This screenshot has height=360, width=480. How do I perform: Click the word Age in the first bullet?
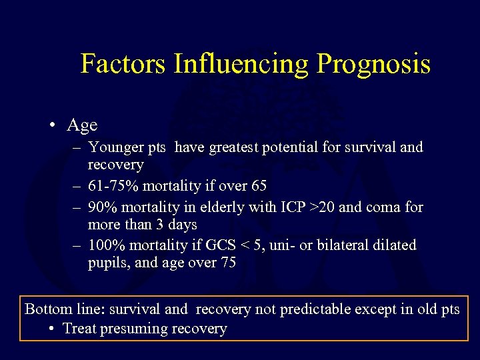[82, 125]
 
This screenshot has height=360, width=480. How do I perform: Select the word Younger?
[114, 147]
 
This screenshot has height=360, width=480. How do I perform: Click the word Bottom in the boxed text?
[49, 309]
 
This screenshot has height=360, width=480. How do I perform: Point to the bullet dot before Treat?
[54, 329]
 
